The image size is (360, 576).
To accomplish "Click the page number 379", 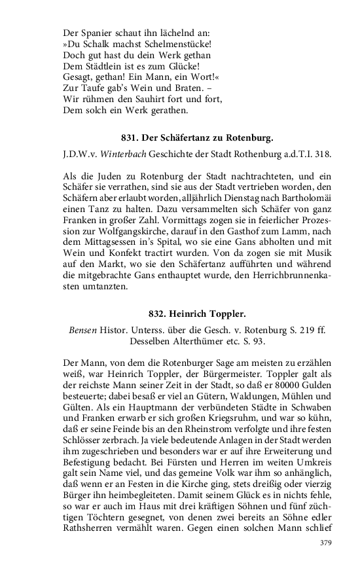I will pos(325,543).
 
